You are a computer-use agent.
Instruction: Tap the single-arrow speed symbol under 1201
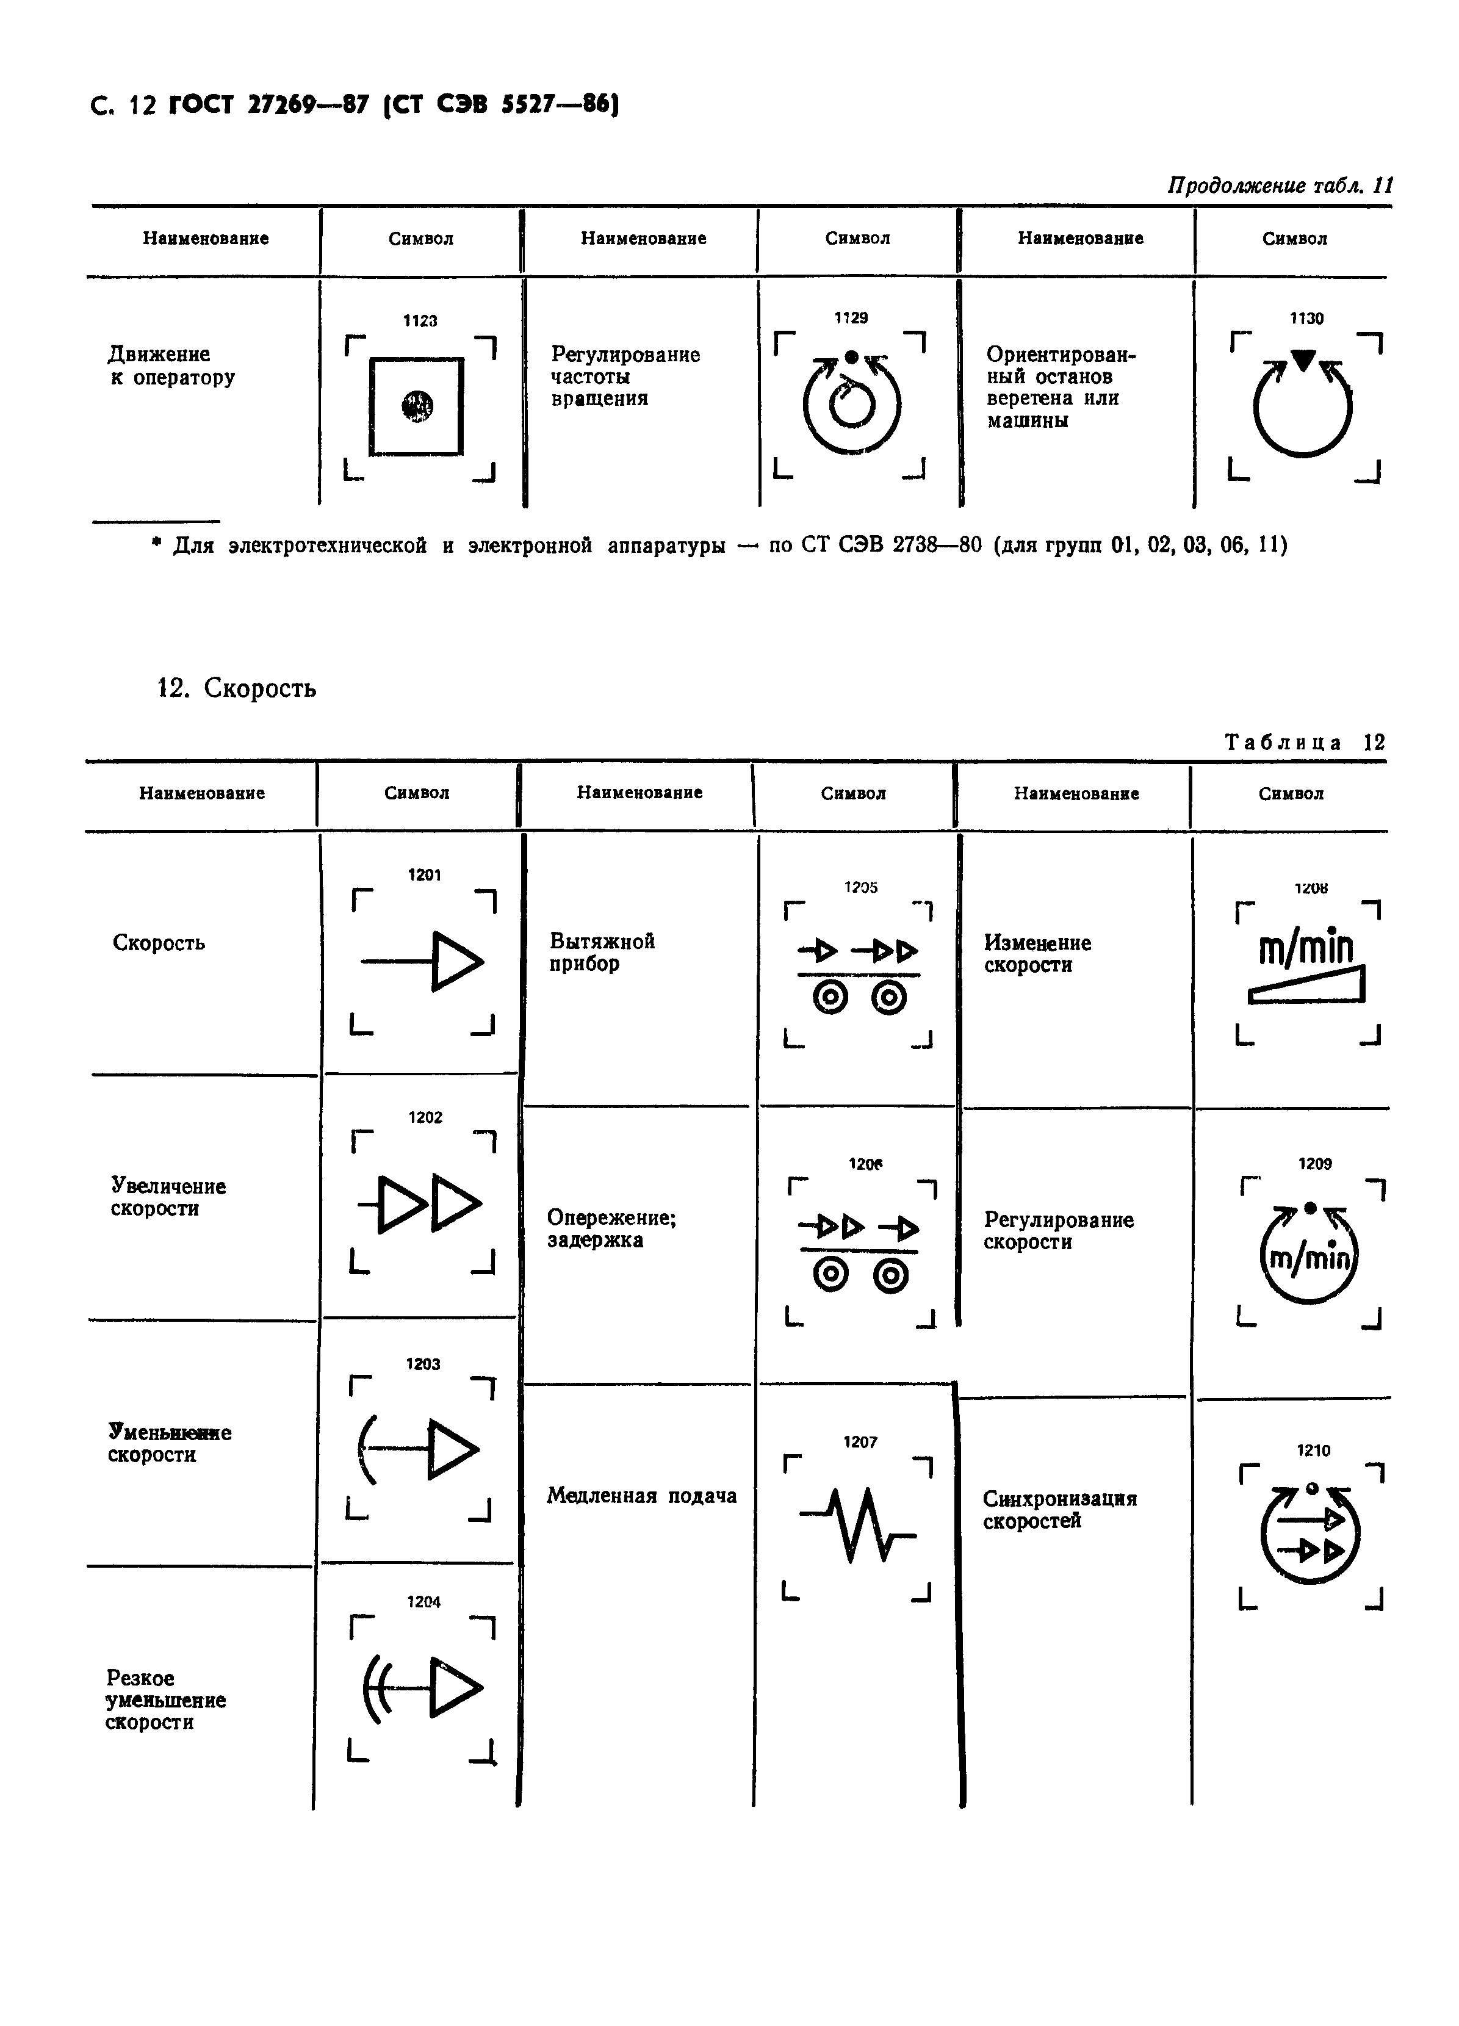pos(423,961)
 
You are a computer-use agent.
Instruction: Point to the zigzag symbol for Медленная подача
pos(859,1525)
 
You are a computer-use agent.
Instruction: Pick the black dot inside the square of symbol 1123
pos(417,406)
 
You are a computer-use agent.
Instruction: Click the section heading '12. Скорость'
pos(237,688)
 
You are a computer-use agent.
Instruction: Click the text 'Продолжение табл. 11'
pos(1280,185)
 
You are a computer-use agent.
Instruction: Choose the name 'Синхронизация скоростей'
pos(1060,1510)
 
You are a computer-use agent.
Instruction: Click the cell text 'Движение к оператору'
pos(171,366)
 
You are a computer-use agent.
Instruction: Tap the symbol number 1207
pos(860,1443)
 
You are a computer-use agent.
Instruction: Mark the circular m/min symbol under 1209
pos(1309,1256)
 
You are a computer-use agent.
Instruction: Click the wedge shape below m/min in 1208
pos(1306,986)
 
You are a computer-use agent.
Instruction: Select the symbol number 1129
pos(851,318)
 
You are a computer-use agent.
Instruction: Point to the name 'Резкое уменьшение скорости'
pos(165,1700)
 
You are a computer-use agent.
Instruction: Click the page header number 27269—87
pos(308,106)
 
